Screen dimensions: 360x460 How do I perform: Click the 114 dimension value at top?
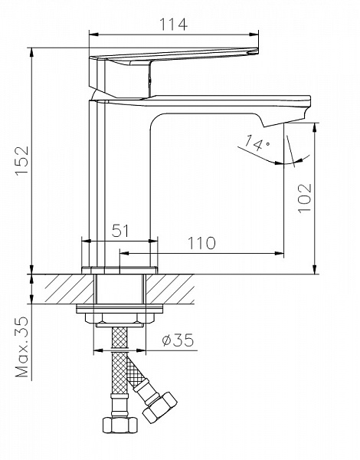pos(173,25)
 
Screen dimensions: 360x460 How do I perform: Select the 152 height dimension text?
pos(22,160)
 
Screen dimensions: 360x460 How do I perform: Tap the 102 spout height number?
pos(305,199)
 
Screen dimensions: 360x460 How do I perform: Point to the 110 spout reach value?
pos(201,243)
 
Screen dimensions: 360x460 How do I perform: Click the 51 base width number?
pos(120,231)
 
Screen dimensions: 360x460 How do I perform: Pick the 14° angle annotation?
pos(257,143)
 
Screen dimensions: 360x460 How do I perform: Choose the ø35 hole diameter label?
pos(178,340)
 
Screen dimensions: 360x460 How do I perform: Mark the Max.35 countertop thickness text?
pos(22,347)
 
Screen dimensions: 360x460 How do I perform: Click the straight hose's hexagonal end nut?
pos(120,425)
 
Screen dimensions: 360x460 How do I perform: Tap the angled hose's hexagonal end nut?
pos(160,408)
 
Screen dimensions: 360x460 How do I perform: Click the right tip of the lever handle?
pos(257,51)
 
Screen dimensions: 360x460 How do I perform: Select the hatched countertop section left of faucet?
pos(70,289)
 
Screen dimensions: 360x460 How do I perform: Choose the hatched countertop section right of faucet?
pos(170,289)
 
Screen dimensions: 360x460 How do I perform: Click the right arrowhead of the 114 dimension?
pos(254,34)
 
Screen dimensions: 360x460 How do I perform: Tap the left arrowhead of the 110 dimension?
pos(125,253)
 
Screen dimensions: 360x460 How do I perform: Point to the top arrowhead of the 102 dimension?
pos(315,127)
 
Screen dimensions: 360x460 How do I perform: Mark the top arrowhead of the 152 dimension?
pos(31,52)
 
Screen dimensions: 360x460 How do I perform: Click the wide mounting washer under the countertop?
pos(119,309)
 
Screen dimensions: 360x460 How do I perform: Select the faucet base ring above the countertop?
pos(119,270)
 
